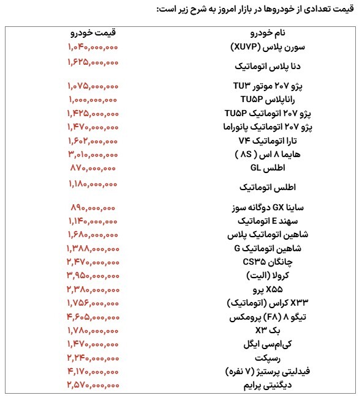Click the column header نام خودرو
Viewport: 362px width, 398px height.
point(270,32)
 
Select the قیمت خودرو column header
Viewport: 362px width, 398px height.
point(93,32)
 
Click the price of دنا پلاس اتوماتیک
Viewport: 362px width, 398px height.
point(93,62)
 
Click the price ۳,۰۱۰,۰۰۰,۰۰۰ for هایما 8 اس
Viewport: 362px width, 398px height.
point(93,153)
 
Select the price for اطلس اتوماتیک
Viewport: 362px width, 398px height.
point(93,183)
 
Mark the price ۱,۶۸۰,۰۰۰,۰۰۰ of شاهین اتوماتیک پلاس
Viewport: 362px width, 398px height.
point(93,234)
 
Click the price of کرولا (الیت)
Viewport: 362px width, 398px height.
point(93,275)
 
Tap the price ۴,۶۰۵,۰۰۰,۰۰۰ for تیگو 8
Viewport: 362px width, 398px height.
point(93,316)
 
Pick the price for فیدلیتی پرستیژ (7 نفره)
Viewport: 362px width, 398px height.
point(93,370)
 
